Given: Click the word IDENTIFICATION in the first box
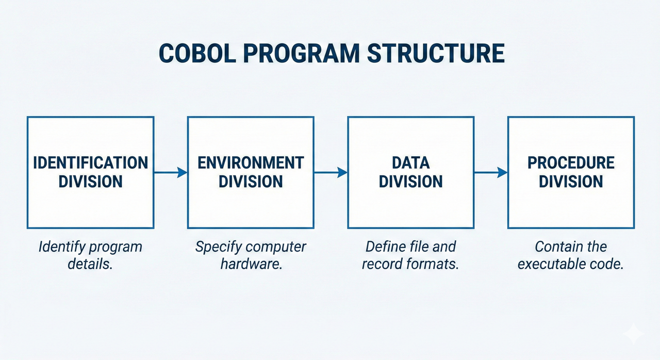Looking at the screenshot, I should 90,163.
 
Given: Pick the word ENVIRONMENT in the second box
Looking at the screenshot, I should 251,163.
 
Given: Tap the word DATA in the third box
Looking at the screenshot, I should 410,163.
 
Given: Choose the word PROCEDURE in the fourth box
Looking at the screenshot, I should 571,163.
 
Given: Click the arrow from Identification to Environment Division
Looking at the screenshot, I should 171,173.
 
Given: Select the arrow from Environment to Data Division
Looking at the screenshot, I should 331,173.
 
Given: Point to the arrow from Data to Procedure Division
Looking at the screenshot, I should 491,173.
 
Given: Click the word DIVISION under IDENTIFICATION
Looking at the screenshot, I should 90,182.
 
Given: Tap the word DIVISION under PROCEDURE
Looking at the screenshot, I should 571,182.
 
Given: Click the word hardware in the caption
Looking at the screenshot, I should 251,264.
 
